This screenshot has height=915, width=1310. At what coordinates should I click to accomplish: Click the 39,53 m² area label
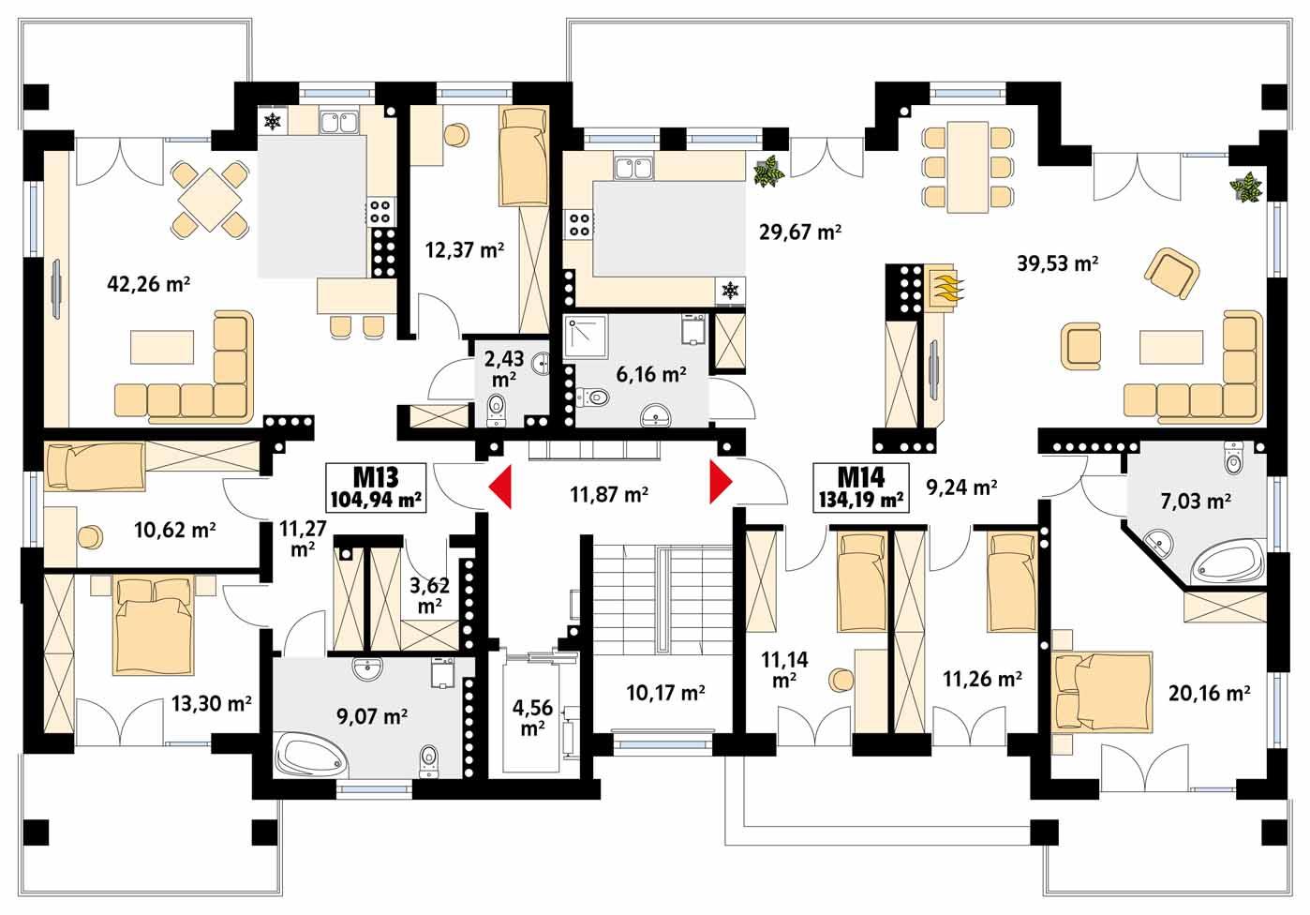(1058, 264)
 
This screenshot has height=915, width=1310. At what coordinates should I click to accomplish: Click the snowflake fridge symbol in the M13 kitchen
(273, 121)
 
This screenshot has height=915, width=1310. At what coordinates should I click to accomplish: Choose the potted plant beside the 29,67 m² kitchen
(769, 172)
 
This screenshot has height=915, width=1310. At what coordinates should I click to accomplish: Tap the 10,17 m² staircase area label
(666, 694)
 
